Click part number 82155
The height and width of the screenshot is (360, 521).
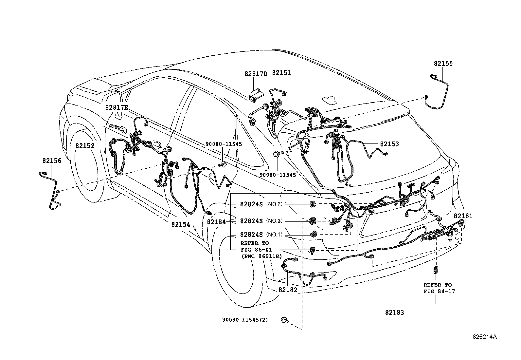(x=443, y=64)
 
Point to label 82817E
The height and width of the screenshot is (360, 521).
(x=117, y=107)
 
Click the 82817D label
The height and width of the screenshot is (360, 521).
(x=256, y=74)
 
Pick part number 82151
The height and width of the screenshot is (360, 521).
(x=281, y=73)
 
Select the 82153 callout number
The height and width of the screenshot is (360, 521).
(x=389, y=144)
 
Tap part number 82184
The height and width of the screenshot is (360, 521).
(x=216, y=222)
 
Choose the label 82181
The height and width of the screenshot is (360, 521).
(x=463, y=216)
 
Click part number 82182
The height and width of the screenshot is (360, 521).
(x=288, y=290)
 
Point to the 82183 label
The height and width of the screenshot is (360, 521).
(x=394, y=313)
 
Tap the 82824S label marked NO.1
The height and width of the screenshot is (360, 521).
(x=251, y=235)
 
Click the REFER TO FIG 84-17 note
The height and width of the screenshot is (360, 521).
(x=437, y=288)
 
